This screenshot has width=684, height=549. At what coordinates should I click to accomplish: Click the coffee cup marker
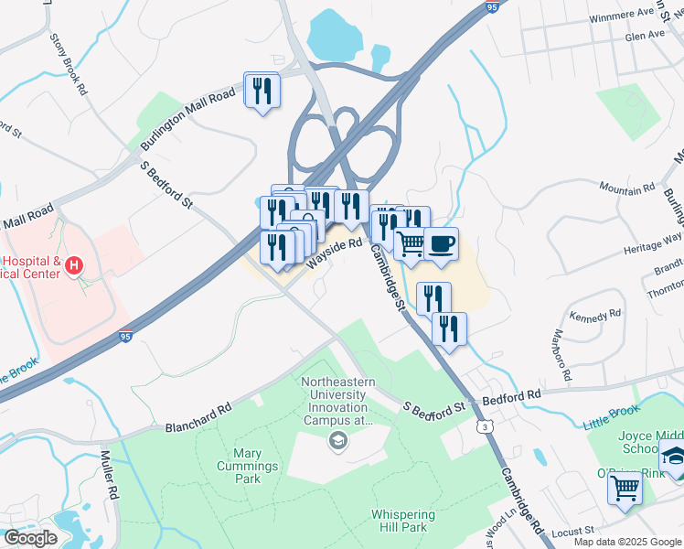441,244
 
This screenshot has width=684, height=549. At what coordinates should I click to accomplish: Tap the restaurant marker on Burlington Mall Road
262,91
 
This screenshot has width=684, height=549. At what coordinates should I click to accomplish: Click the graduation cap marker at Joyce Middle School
674,457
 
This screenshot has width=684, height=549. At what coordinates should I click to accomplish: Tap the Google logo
30,538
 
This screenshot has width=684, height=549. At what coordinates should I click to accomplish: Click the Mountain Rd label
627,188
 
